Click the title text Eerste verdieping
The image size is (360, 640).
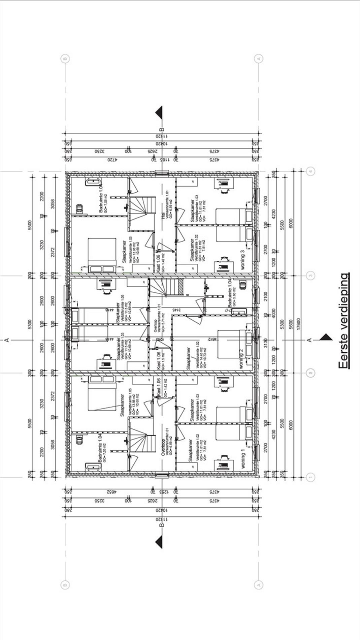(x=344, y=321)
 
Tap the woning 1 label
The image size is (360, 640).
(x=243, y=461)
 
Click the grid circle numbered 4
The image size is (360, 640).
(x=310, y=171)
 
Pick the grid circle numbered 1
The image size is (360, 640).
(x=310, y=477)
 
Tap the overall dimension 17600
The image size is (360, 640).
(x=298, y=324)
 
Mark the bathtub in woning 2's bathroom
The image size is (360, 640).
(x=239, y=312)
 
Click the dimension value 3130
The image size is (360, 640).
(x=266, y=343)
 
